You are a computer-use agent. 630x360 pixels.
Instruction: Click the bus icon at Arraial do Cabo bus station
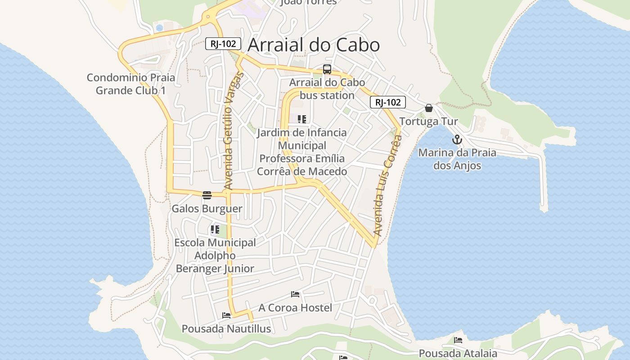[327, 69]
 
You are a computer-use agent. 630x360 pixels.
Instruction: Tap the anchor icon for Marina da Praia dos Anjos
[457, 139]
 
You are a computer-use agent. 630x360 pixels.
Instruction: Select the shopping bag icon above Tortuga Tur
[429, 108]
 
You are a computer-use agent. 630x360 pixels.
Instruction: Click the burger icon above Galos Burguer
[207, 195]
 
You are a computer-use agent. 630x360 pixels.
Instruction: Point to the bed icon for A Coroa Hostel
[295, 294]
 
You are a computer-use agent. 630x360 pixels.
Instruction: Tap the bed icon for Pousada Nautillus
[226, 315]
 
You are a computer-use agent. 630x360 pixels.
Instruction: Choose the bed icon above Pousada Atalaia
[458, 340]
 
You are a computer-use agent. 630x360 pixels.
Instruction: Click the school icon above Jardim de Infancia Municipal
[302, 119]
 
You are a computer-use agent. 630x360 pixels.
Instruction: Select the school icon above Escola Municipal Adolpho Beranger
[215, 229]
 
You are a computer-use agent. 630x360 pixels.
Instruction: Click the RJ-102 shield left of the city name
[223, 44]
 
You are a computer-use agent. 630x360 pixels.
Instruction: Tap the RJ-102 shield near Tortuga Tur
[388, 102]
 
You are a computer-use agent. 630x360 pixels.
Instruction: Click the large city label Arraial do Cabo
[314, 45]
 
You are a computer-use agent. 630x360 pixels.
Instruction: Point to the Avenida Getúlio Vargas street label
[233, 130]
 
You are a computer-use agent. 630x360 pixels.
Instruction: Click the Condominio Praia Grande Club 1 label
[131, 84]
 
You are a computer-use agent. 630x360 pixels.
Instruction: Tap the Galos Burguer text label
[207, 209]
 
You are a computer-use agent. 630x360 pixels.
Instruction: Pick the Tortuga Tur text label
[428, 121]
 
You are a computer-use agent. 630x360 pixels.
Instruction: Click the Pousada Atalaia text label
[458, 353]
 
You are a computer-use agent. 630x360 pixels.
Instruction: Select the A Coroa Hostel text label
[295, 308]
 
